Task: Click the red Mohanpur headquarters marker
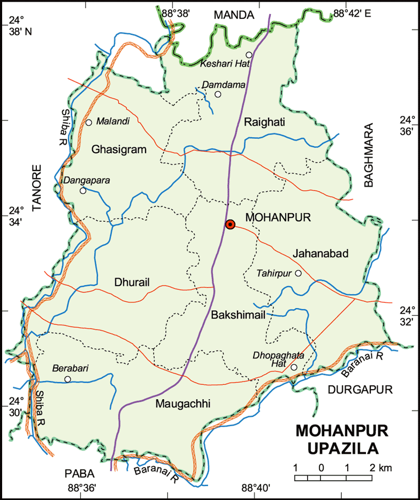[230, 225]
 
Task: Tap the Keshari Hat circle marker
[249, 55]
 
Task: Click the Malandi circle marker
[89, 122]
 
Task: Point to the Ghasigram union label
[119, 150]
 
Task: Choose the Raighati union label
[264, 123]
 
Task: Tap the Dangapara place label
[87, 181]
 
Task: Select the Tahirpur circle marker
[299, 273]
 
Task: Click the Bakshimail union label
[238, 315]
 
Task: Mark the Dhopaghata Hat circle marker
[294, 367]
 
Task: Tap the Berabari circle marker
[67, 379]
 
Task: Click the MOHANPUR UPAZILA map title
[342, 439]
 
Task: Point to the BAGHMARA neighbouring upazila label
[369, 155]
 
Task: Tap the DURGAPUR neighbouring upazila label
[360, 389]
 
